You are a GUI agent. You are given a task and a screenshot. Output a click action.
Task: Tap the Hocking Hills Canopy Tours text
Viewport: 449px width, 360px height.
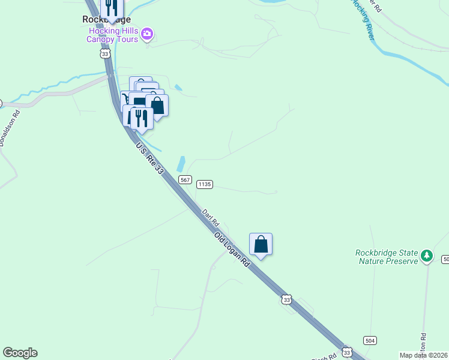[113, 35]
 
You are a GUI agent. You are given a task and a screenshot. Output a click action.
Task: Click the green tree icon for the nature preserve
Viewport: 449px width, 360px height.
[427, 256]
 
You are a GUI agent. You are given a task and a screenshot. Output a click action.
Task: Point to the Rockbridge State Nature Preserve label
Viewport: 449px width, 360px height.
[386, 256]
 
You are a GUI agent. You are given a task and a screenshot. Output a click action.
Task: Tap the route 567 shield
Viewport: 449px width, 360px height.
[185, 180]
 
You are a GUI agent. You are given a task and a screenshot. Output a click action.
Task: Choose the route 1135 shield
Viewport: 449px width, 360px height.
[205, 184]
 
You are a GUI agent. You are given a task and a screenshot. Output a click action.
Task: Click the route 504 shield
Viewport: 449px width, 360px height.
[370, 340]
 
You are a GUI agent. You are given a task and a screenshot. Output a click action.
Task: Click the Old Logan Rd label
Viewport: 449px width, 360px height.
[232, 248]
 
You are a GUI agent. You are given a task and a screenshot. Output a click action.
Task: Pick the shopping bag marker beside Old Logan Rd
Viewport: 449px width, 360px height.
[261, 244]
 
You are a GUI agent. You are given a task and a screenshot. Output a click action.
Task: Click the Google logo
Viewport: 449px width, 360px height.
[20, 353]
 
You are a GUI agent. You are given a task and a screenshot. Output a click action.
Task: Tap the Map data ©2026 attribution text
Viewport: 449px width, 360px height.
[424, 355]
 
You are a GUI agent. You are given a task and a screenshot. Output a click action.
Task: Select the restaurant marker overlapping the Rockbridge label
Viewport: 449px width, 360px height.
[111, 7]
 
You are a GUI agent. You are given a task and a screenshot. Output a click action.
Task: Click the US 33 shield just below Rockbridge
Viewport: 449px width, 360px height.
[106, 54]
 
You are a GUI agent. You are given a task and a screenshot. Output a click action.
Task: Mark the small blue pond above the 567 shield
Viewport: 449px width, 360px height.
[181, 164]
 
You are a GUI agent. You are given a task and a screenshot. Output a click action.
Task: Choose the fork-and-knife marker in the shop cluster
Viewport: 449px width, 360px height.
[142, 117]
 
